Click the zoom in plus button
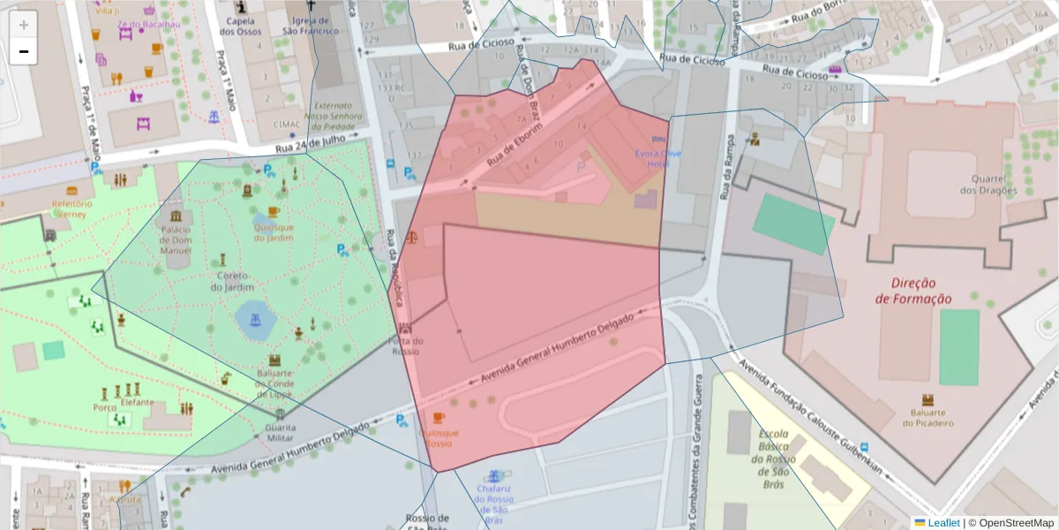click(24, 25)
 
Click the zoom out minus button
click(24, 52)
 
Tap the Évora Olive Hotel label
click(658, 157)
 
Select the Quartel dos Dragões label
click(988, 184)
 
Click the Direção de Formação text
click(913, 291)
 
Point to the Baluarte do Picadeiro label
click(927, 417)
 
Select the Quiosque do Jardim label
click(273, 231)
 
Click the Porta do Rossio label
click(406, 345)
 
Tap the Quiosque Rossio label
click(439, 438)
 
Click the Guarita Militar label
click(280, 433)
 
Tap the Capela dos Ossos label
click(240, 26)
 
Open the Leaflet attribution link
click(943, 523)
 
